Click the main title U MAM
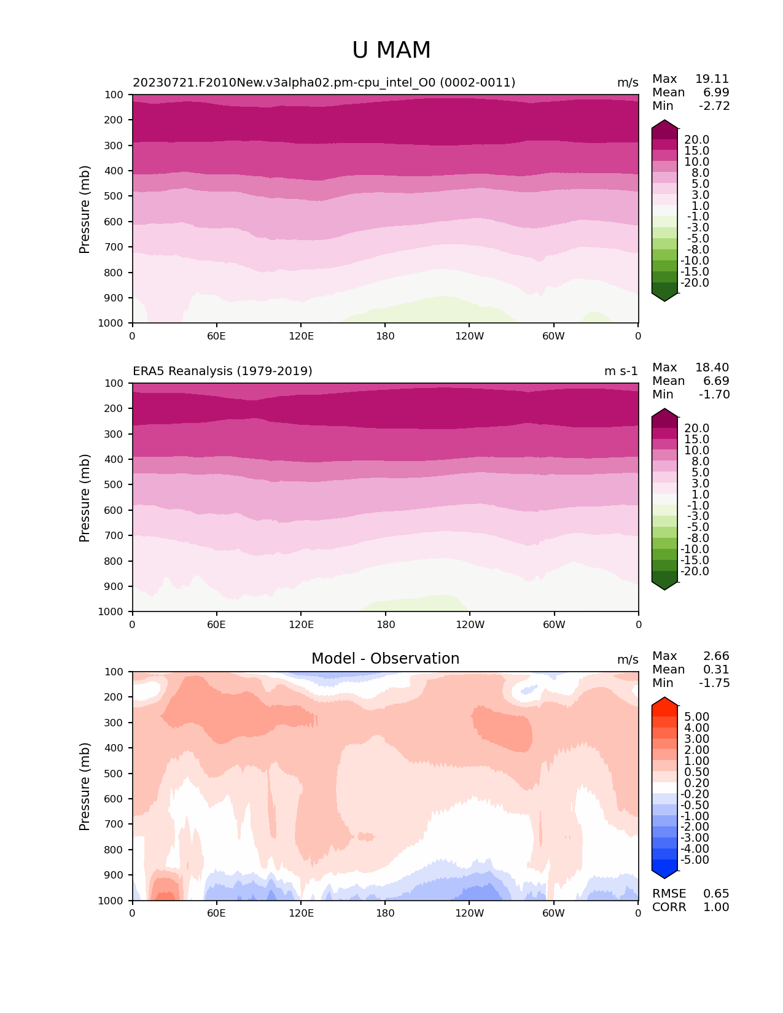[x=391, y=50]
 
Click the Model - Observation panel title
[x=385, y=659]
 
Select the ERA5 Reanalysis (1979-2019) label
[x=222, y=371]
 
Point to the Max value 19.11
[x=712, y=79]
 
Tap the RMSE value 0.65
[x=716, y=893]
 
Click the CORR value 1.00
[x=716, y=907]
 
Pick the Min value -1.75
[x=714, y=683]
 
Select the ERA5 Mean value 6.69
[x=716, y=381]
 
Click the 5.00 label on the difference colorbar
[x=696, y=716]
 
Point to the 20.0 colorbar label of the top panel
[x=696, y=140]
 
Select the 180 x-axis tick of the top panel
[x=385, y=336]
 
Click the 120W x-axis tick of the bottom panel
[x=469, y=913]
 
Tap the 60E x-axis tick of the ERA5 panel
[x=216, y=624]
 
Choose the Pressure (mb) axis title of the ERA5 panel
[x=85, y=497]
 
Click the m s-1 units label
[x=621, y=371]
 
